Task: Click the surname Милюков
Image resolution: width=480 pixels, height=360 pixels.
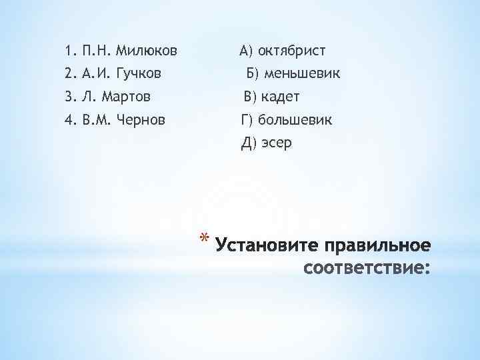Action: [147, 51]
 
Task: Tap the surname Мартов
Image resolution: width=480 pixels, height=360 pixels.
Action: [125, 97]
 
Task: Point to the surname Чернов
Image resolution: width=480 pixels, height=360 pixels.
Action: [142, 121]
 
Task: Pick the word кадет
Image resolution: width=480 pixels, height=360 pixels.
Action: [281, 97]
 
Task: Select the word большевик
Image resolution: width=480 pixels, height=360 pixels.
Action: [295, 121]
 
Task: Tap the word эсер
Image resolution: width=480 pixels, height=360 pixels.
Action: [276, 143]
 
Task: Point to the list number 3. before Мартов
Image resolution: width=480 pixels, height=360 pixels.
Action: [71, 97]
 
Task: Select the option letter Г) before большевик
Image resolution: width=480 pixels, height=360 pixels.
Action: [247, 121]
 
